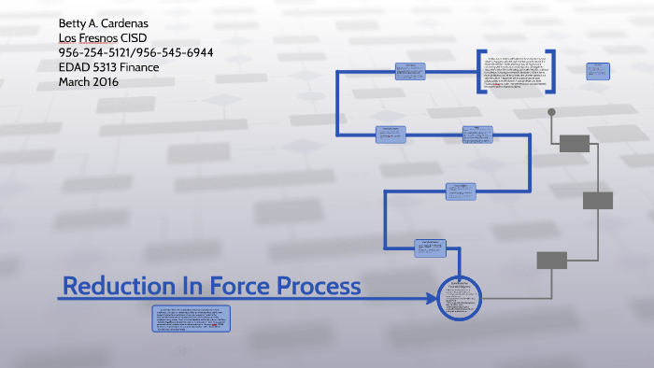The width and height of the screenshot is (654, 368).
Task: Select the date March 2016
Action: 89,82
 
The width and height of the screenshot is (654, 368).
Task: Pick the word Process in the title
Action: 316,286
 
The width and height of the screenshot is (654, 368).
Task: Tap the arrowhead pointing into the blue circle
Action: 432,299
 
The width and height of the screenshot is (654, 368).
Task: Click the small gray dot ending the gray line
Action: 551,112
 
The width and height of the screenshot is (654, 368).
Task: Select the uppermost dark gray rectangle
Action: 575,143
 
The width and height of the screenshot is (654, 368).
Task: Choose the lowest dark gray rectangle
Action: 552,260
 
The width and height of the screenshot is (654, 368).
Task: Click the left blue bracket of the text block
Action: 478,72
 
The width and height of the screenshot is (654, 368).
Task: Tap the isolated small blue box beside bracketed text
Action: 598,70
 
